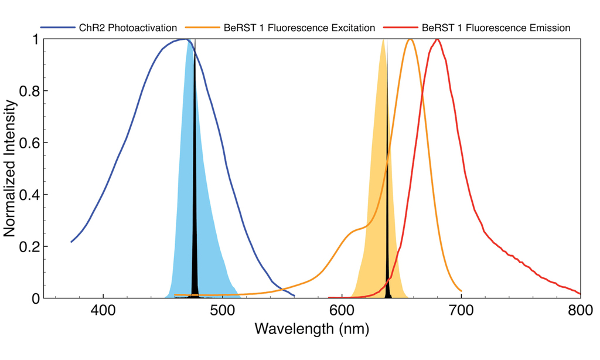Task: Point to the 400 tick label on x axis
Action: [x=103, y=311]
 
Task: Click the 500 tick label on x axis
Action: [x=222, y=311]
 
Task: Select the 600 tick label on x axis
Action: [x=342, y=311]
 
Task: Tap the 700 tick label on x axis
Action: [x=461, y=311]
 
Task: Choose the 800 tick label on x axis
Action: [x=579, y=311]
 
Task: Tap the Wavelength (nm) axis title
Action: [x=311, y=330]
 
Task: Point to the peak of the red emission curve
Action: [x=437, y=40]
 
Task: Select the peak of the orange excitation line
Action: [x=411, y=40]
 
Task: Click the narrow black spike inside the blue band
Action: [x=195, y=176]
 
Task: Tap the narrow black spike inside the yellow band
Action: [x=387, y=176]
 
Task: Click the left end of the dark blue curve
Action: [x=71, y=242]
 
